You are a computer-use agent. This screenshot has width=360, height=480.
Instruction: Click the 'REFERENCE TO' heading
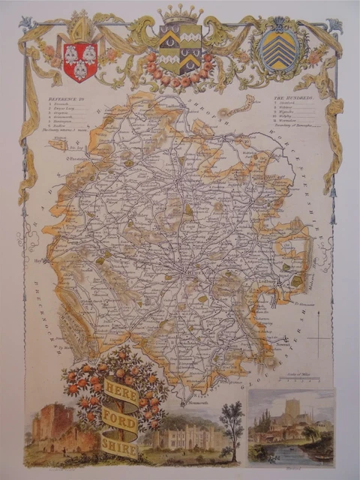point(67,97)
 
